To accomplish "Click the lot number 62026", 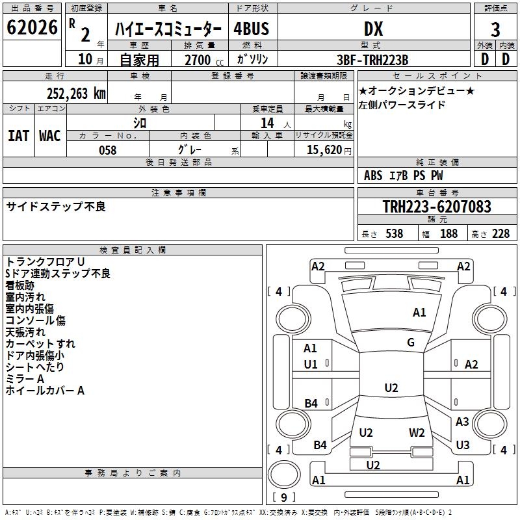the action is (x=32, y=27).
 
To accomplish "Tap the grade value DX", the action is (x=373, y=29).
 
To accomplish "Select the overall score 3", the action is (x=495, y=30).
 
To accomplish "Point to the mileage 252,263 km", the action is (x=76, y=94).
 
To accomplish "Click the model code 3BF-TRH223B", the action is (x=372, y=60).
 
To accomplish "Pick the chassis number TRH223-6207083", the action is (x=437, y=207).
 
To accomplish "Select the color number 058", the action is (x=108, y=150).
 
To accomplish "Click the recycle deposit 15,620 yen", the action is (x=329, y=150).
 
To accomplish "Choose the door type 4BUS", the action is (x=251, y=29).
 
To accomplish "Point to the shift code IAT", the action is (x=18, y=136).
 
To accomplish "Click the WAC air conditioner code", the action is (x=50, y=136).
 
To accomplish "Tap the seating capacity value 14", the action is (x=267, y=123).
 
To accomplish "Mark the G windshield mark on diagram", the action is (x=411, y=343).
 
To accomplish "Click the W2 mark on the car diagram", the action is (x=417, y=433).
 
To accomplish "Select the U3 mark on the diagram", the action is (x=463, y=445).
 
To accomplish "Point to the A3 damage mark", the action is (x=462, y=421).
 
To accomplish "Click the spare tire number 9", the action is (x=284, y=497).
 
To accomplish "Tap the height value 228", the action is (x=500, y=233).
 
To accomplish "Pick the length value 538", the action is (x=395, y=233).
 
